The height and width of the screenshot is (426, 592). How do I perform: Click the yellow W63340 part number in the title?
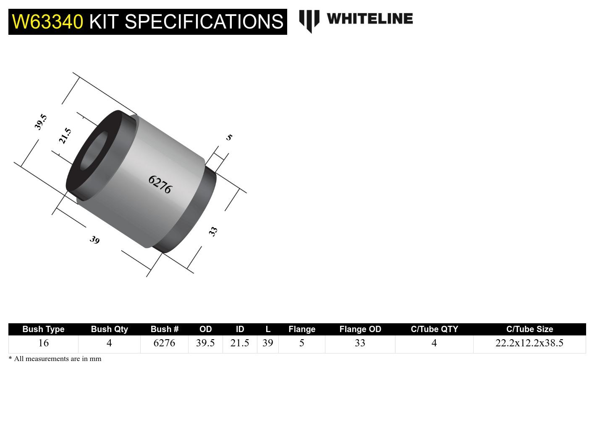[x=47, y=22]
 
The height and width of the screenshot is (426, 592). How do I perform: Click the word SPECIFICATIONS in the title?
[x=204, y=22]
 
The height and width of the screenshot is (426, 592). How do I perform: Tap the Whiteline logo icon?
[x=309, y=21]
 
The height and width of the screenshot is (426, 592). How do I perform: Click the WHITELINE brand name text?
[x=369, y=19]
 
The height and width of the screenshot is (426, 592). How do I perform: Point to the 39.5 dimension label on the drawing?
[x=40, y=122]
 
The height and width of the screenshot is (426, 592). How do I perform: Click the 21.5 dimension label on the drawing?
[x=65, y=136]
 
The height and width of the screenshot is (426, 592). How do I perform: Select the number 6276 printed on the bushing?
[x=160, y=184]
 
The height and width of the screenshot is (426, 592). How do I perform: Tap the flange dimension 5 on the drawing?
[x=229, y=137]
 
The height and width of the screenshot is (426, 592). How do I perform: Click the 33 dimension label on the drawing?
[x=213, y=231]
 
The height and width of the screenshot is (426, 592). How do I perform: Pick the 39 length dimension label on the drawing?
[x=95, y=240]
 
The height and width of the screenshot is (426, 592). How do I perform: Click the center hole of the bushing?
[x=93, y=151]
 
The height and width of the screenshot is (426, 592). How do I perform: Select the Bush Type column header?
[x=43, y=329]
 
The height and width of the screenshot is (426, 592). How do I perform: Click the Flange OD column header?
[x=360, y=329]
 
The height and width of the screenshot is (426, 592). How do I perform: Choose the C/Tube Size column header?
[x=529, y=329]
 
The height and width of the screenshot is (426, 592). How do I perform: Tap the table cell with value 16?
[x=43, y=343]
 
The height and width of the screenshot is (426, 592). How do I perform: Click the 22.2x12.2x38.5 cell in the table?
[x=529, y=343]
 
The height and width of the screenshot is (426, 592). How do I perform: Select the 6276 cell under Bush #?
[x=164, y=343]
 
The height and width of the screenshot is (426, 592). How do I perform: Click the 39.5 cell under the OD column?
[x=205, y=343]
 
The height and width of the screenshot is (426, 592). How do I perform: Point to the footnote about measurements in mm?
[x=55, y=359]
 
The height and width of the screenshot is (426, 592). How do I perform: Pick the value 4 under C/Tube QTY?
[x=434, y=343]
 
